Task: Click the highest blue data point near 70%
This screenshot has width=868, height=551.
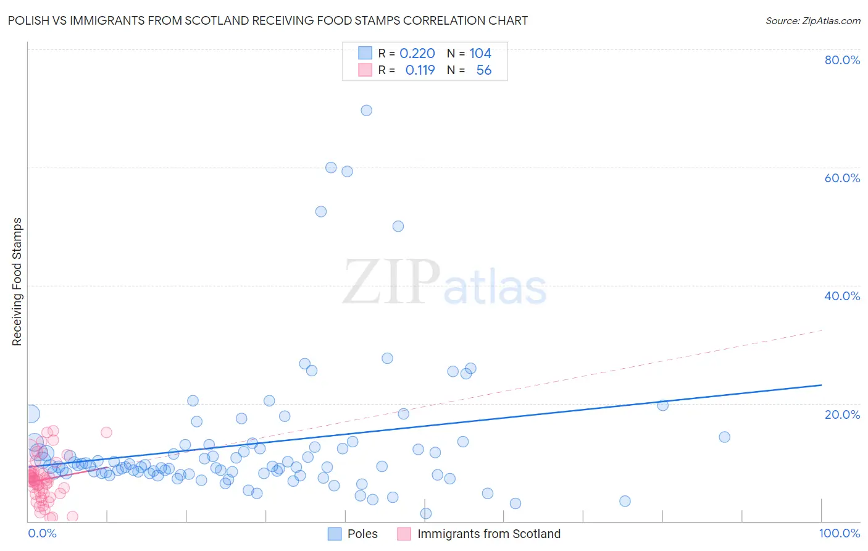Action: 366,111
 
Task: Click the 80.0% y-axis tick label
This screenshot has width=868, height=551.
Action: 842,60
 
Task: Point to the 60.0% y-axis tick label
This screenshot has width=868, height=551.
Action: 842,178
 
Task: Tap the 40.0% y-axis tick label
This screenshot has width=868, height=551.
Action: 842,296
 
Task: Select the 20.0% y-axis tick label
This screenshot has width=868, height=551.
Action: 842,414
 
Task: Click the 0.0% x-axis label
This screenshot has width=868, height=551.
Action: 42,534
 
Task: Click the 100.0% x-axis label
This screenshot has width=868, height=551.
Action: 839,534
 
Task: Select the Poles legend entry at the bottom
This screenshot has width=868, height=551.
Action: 362,534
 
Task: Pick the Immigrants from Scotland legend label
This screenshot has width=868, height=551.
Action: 489,534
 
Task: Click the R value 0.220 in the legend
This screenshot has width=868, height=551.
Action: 417,54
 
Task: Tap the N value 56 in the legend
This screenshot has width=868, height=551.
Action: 483,70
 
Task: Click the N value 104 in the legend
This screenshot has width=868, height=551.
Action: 480,54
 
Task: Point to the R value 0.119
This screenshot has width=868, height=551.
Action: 420,70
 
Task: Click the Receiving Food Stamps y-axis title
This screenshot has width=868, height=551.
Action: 17,282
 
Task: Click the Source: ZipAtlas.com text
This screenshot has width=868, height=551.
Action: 812,21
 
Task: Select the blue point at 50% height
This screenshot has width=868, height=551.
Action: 398,226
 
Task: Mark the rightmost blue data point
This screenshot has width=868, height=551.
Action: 725,437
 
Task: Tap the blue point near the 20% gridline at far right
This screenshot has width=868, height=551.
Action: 663,405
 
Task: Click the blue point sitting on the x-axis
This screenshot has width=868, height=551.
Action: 425,513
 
